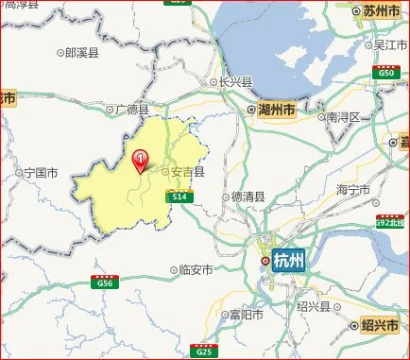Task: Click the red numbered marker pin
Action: [142, 161]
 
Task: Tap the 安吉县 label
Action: [187, 173]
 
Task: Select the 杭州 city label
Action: [288, 262]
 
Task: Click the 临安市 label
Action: [196, 269]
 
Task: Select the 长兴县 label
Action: [235, 82]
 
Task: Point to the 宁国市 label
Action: [42, 173]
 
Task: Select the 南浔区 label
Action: [344, 116]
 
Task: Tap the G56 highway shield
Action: [103, 283]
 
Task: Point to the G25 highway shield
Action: [201, 351]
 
